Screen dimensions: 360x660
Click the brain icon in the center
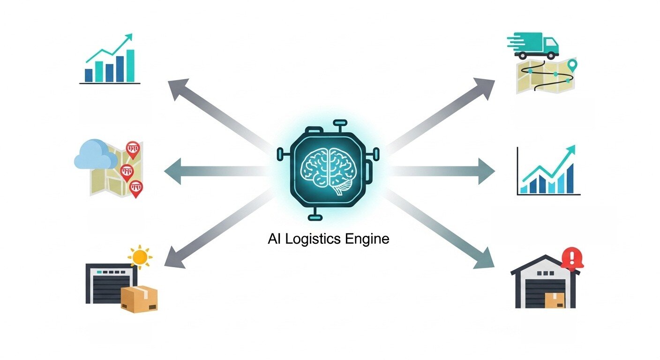(330, 169)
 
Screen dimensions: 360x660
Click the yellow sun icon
(139, 256)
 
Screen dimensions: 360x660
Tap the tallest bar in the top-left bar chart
(130, 66)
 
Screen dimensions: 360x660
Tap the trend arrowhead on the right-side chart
(571, 150)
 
